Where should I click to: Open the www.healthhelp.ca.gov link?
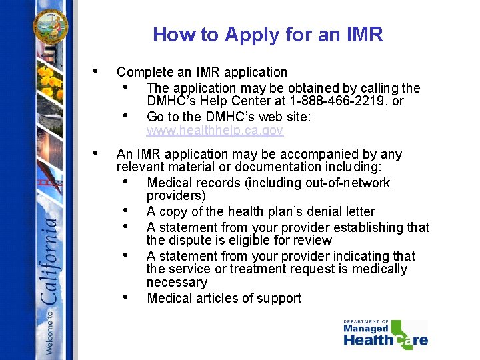click(x=215, y=130)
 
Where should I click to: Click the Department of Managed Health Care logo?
click(x=385, y=335)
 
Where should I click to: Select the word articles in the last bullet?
click(x=217, y=298)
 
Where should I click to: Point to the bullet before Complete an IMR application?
click(x=97, y=71)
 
